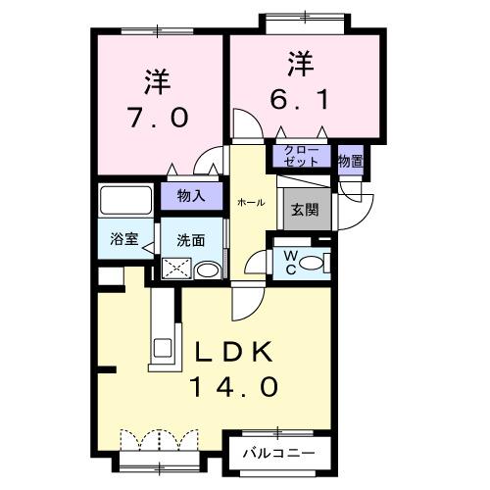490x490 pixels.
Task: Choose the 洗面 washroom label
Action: coord(190,239)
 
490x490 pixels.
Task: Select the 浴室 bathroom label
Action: coord(122,239)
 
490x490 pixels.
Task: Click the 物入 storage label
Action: coord(190,196)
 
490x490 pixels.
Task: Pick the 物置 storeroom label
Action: coord(351,160)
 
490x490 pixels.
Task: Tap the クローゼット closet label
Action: coord(301,157)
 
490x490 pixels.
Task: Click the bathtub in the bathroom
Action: coord(128,200)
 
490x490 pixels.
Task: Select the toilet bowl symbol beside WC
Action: coord(313,262)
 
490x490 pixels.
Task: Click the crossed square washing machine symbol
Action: coord(175,268)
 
